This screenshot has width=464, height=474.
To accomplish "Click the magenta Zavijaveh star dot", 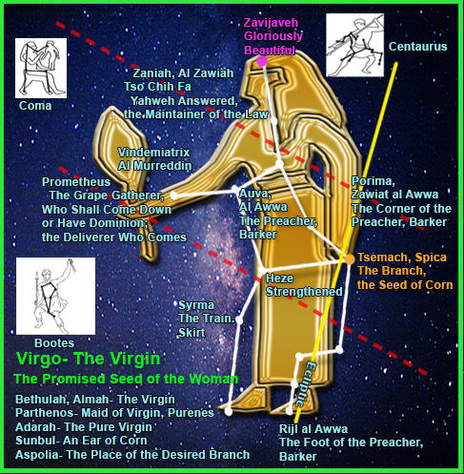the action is point(262,61).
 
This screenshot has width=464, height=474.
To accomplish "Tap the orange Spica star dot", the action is point(350,259).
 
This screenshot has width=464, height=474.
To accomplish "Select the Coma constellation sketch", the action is point(41,69).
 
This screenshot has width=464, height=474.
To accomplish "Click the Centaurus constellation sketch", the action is point(354,45).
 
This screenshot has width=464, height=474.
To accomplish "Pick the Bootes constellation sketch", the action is point(55,296).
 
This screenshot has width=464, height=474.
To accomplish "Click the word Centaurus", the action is point(417,47).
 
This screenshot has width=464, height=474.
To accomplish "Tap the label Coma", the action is point(35,106).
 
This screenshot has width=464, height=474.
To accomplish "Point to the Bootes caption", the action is point(54,342).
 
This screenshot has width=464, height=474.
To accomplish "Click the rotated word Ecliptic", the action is point(305,383).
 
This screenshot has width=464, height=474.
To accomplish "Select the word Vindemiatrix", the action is point(153,153).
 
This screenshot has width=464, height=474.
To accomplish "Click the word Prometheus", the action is point(76,182).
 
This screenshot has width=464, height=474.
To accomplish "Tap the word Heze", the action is point(279,278).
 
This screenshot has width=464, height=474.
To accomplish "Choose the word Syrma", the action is point(196,305).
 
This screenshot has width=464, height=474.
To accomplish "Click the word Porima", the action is point(373,181).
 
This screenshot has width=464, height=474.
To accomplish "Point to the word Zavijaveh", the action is point(271,23).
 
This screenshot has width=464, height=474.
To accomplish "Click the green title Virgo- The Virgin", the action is point(88,359).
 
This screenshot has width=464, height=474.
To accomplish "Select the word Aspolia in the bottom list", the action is point(36,455).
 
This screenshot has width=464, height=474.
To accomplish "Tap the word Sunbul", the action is point(35,441).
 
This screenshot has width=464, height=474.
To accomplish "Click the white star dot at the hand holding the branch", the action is point(173,196).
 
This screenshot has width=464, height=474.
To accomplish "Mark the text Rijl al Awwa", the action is point(313,429).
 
